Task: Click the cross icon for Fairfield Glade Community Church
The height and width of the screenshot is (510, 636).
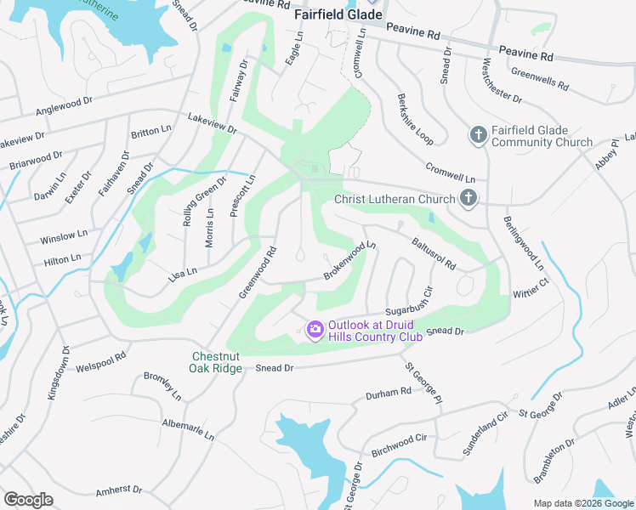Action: [x=478, y=135]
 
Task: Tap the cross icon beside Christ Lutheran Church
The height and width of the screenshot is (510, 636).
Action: [x=468, y=199]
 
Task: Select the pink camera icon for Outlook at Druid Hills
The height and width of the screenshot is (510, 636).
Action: [x=315, y=329]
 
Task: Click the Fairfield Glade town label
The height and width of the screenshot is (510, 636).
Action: [x=338, y=15]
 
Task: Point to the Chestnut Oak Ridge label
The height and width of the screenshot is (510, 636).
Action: [x=216, y=361]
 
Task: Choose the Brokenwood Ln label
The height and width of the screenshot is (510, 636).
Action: [x=349, y=261]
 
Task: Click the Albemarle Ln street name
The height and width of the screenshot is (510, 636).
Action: [x=188, y=428]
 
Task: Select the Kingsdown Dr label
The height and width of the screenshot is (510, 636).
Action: [x=65, y=372]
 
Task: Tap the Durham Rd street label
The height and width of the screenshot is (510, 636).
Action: [x=389, y=394]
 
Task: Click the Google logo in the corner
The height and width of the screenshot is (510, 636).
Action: [x=28, y=500]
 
